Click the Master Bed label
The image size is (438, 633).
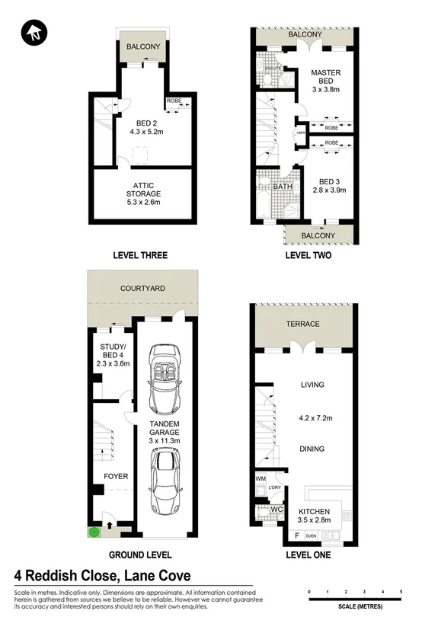point(325,80)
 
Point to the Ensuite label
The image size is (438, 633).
point(272,68)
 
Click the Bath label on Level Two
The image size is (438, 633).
point(283,186)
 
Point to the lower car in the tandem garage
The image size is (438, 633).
point(165,481)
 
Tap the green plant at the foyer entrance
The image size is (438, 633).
point(94,533)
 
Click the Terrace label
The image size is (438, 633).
point(302,324)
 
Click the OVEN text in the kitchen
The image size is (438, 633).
point(311,536)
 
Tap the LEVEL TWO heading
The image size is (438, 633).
point(308,255)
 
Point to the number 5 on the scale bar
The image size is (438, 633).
point(401,591)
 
